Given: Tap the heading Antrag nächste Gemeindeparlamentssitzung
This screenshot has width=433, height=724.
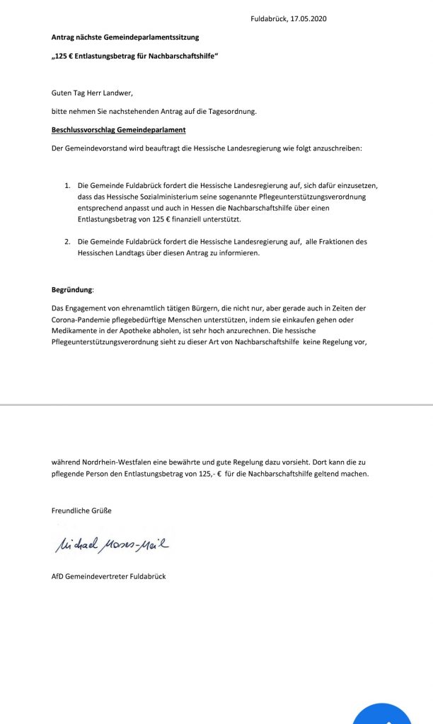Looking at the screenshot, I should [125, 37].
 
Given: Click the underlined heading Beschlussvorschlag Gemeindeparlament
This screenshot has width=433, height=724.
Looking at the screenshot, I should [119, 130].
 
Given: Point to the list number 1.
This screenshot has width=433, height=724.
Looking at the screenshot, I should [68, 185].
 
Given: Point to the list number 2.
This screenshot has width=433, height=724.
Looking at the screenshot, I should [68, 242].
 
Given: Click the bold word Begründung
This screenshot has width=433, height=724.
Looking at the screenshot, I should [72, 291].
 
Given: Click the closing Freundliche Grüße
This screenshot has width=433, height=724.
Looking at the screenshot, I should [81, 510].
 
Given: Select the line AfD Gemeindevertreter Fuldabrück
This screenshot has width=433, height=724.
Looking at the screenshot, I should [108, 577].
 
